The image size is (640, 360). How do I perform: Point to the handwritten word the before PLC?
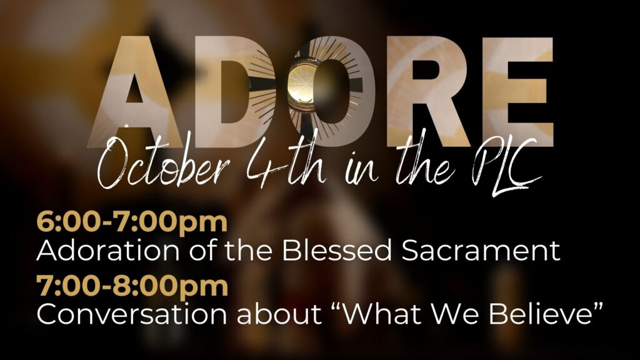[x=424, y=163]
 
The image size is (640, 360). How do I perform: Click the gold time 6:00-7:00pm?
[x=132, y=222]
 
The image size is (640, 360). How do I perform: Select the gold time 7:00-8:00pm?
[x=132, y=286]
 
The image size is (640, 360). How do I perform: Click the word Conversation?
[x=131, y=314]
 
